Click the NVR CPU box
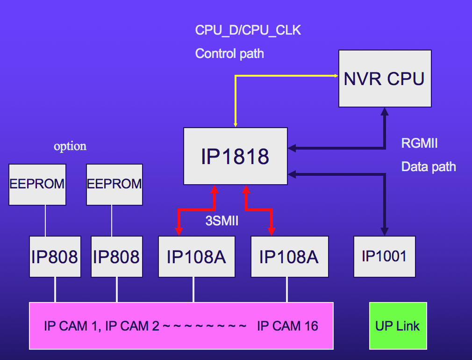click(x=384, y=78)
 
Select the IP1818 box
click(x=235, y=156)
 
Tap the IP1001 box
click(x=384, y=256)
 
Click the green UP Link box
click(x=398, y=325)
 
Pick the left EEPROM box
click(x=37, y=184)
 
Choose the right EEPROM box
click(x=114, y=184)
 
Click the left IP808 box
click(x=55, y=257)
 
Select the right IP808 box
click(x=116, y=257)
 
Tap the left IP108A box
click(x=196, y=257)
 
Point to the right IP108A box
click(x=289, y=257)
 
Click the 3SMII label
click(x=222, y=221)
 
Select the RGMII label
click(x=419, y=143)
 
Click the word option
click(x=70, y=146)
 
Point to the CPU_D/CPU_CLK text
click(x=248, y=31)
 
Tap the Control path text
click(x=229, y=54)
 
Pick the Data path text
click(x=429, y=166)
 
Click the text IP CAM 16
click(x=287, y=326)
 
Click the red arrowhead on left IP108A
click(x=178, y=231)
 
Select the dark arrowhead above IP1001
click(x=384, y=232)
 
